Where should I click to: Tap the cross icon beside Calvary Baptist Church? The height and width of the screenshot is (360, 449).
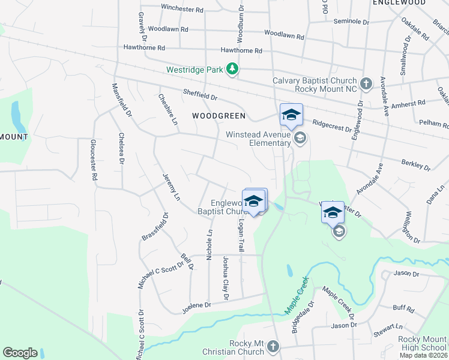pos(366,82)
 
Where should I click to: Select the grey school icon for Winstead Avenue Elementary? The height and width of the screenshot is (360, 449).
pos(300,139)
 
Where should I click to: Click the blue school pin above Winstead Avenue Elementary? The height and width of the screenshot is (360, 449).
pos(291,114)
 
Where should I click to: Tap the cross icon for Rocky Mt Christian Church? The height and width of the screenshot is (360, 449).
pos(273,346)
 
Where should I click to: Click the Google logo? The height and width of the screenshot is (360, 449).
pos(20,353)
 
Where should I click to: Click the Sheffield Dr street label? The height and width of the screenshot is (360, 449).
pos(200,94)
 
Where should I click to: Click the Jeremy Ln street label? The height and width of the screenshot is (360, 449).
pos(171,187)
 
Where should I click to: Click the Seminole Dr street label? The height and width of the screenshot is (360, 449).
pos(351,21)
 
